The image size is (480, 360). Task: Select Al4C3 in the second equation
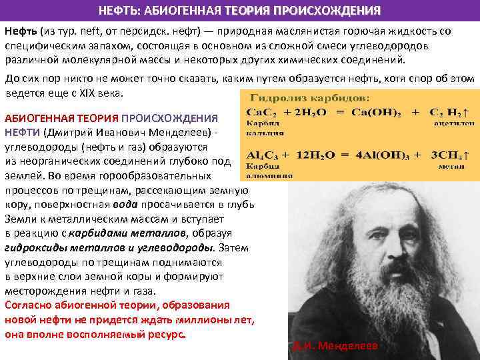pyautogui.click(x=261, y=155)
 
